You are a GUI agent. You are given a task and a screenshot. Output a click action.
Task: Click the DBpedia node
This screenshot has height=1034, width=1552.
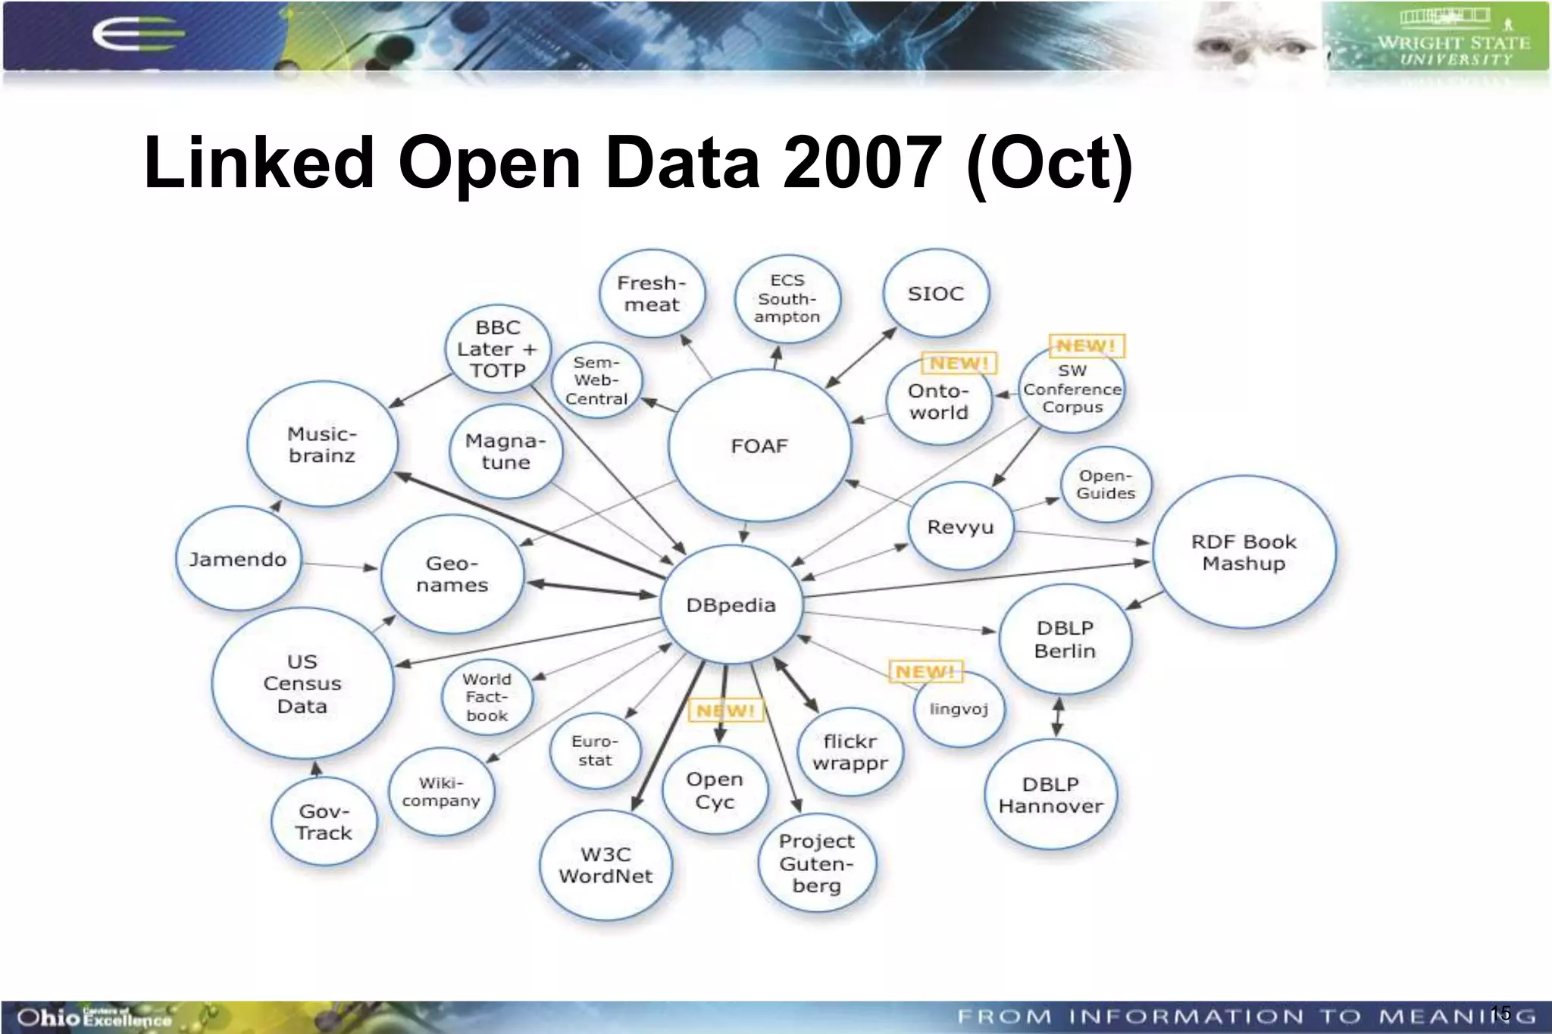[x=731, y=604]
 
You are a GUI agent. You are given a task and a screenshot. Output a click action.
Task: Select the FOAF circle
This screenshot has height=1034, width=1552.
[x=759, y=445]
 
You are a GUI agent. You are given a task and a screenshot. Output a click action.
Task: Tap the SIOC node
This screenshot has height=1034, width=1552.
[x=936, y=293]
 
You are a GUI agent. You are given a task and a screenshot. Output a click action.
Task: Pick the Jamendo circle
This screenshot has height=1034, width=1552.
[x=238, y=559]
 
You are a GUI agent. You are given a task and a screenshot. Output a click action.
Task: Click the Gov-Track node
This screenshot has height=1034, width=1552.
[x=324, y=822]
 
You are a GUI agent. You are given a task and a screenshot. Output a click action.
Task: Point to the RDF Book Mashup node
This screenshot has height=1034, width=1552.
[x=1244, y=552]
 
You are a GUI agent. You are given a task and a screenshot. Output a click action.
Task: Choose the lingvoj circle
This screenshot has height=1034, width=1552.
[x=959, y=709]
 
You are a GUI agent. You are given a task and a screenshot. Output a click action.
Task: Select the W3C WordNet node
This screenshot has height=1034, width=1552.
[x=605, y=864]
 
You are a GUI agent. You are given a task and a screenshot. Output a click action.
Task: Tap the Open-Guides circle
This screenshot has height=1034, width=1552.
[x=1106, y=484]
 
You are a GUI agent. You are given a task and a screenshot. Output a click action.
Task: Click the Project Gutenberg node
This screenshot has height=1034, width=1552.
[x=817, y=863]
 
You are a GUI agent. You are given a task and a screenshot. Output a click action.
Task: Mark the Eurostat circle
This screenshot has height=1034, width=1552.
[x=595, y=751]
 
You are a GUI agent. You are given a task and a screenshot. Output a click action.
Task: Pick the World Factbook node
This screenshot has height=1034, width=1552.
[x=487, y=697]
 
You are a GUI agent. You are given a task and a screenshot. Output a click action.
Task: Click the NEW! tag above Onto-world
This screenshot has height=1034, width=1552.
[x=959, y=364]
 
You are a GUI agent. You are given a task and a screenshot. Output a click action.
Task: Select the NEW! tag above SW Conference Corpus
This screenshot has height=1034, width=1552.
[x=1086, y=345]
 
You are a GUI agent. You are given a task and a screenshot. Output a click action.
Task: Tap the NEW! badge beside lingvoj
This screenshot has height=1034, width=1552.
[x=925, y=671]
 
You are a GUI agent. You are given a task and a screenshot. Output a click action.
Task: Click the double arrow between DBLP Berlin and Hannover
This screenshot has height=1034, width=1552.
[x=1058, y=717]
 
